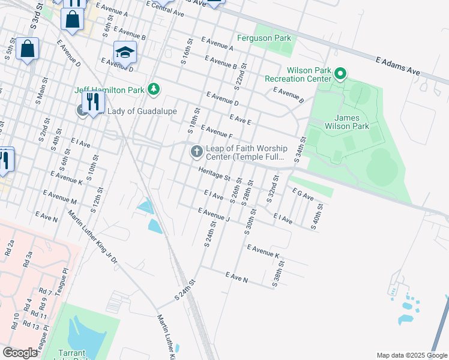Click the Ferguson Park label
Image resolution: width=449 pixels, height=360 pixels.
(264, 38)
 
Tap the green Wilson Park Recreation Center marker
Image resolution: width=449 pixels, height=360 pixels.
(340, 74)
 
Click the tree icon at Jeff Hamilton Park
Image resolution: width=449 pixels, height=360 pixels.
(154, 89)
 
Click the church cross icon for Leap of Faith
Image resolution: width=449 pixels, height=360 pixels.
(196, 152)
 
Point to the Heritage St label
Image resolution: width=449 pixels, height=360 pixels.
(214, 175)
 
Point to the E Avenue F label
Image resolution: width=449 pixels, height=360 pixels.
(216, 131)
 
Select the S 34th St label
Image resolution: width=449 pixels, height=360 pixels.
(300, 152)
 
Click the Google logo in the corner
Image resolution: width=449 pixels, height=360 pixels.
(20, 353)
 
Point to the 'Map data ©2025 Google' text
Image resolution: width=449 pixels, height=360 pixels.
(411, 355)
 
